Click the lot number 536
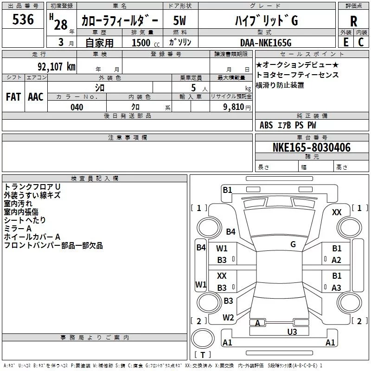click(x=23, y=19)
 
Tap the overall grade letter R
click(x=353, y=21)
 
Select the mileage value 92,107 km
click(x=57, y=67)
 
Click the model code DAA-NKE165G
click(x=266, y=43)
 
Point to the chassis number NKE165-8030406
click(x=312, y=147)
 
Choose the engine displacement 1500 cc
click(x=146, y=43)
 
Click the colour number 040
click(x=77, y=107)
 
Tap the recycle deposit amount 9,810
click(x=234, y=107)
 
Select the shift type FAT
click(x=13, y=97)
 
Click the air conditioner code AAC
click(x=36, y=97)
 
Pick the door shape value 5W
click(x=179, y=20)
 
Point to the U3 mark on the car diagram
click(x=292, y=332)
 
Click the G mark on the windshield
click(x=293, y=244)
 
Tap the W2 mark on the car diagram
click(x=228, y=318)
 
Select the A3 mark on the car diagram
click(x=336, y=288)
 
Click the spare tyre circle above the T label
click(x=203, y=339)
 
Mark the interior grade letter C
click(x=361, y=42)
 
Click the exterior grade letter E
click(x=346, y=42)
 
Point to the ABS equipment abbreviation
click(x=266, y=125)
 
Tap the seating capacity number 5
click(x=193, y=88)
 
